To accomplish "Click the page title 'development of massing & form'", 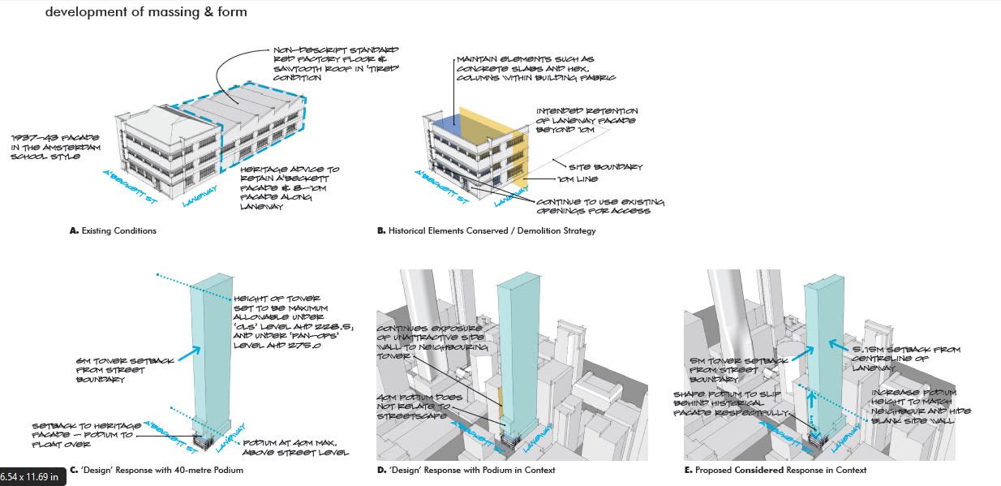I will click(x=146, y=12).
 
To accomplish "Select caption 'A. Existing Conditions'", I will click(x=114, y=230).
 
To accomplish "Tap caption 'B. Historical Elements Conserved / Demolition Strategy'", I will click(x=487, y=230).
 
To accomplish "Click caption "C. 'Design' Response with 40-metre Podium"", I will click(x=157, y=470).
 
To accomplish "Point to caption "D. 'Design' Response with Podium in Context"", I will click(x=466, y=470).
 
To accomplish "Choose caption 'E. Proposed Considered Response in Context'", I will click(x=775, y=470).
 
